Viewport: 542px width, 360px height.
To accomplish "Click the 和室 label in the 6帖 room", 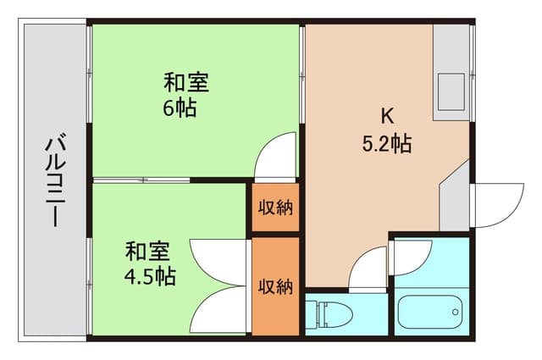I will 186,84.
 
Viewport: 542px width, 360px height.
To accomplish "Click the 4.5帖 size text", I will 150,276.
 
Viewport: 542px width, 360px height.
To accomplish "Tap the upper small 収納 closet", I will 275,208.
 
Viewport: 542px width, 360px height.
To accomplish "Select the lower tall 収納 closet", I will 275,286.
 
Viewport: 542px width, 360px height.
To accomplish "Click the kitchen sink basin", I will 450,89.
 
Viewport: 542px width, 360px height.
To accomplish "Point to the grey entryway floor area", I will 456,199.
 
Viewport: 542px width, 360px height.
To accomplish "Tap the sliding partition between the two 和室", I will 169,180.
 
